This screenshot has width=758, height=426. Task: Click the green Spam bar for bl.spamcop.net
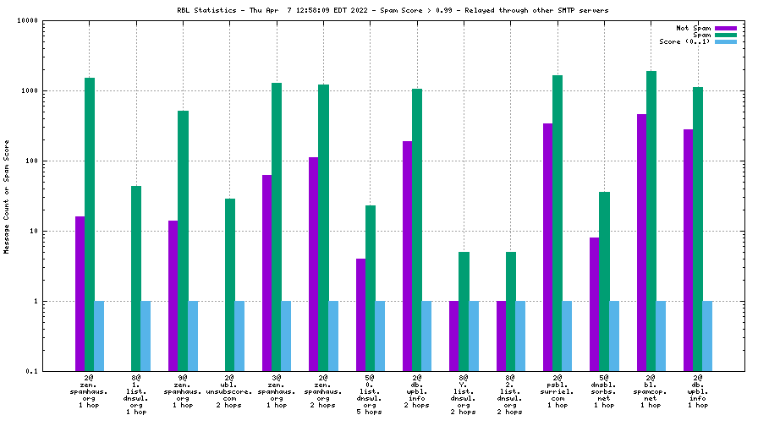[651, 221]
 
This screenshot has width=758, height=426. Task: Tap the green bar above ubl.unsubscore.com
[229, 285]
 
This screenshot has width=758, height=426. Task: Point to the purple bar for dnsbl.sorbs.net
[595, 304]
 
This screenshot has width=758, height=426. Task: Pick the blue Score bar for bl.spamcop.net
[661, 336]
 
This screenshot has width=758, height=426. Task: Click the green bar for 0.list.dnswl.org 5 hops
[370, 288]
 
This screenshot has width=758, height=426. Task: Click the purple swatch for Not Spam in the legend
[725, 28]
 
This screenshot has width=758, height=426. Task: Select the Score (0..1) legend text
[685, 41]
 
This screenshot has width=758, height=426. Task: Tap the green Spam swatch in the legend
[725, 35]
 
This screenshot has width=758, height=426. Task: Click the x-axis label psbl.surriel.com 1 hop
[558, 394]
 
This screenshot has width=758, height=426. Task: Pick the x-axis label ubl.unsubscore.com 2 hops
[229, 394]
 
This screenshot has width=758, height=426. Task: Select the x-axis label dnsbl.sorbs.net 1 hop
[604, 394]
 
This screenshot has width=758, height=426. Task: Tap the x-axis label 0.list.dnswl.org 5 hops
[370, 397]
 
